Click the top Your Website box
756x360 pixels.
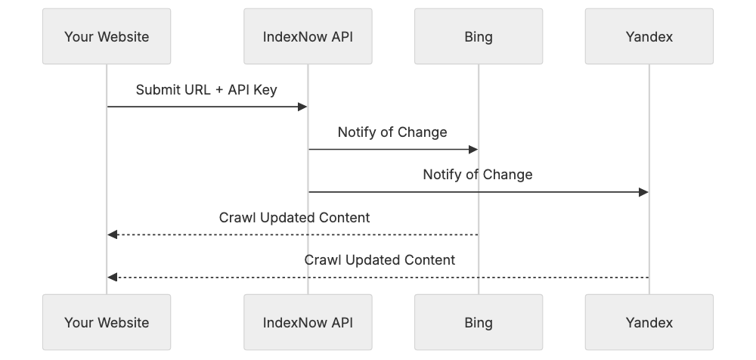[x=107, y=36]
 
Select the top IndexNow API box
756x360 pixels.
[x=308, y=36]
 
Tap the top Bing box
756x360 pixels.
[x=478, y=36]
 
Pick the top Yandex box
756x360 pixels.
[x=649, y=36]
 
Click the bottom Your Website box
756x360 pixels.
[x=107, y=322]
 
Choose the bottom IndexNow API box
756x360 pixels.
[x=308, y=322]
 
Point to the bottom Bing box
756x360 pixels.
[x=478, y=322]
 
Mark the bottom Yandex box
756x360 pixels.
[x=649, y=322]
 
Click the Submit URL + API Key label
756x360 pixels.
[x=206, y=90]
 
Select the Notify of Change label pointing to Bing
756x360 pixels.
[x=392, y=132]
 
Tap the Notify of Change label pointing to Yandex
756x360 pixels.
[x=477, y=175]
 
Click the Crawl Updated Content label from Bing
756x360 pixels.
[x=294, y=218]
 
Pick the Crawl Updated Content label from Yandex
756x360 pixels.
[x=380, y=260]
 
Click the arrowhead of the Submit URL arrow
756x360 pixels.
[x=302, y=107]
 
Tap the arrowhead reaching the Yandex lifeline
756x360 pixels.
[x=643, y=192]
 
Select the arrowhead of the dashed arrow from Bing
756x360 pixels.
[x=112, y=234]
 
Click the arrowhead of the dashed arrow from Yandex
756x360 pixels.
[x=112, y=278]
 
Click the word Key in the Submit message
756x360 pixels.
[x=265, y=90]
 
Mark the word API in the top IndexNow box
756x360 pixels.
[x=339, y=36]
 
